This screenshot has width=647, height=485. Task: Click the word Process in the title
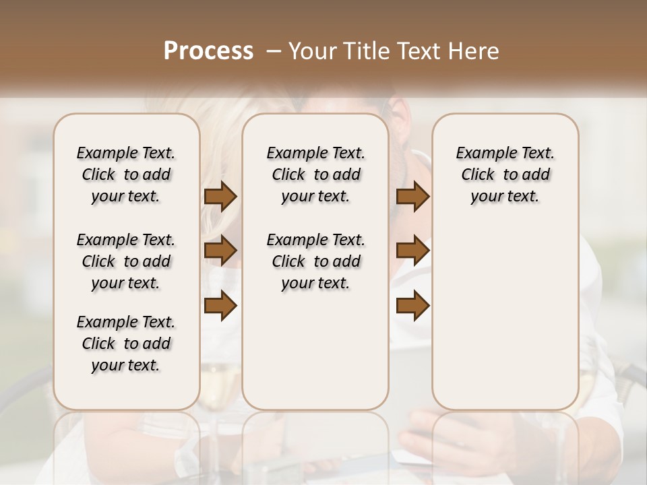click(x=208, y=51)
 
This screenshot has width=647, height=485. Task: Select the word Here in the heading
click(x=474, y=51)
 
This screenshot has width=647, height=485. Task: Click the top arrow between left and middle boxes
click(x=220, y=197)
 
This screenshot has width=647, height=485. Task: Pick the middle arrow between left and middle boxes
click(x=220, y=251)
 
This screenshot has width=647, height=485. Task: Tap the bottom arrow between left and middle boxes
click(x=220, y=306)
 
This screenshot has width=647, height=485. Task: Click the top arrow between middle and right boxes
click(x=412, y=197)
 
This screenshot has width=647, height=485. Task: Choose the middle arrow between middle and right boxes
click(x=412, y=251)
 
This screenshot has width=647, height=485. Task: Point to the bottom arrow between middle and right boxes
click(x=412, y=306)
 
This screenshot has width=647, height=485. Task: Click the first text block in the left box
click(x=126, y=174)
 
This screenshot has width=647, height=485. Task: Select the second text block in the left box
click(x=126, y=261)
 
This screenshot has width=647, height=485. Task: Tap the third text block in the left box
click(x=126, y=344)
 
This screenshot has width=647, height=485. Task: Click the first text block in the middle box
click(x=315, y=174)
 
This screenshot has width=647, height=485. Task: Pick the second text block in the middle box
click(x=315, y=261)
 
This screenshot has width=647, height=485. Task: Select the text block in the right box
click(x=505, y=174)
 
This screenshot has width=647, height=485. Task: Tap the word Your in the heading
click(x=309, y=51)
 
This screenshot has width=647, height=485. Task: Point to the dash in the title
click(x=274, y=51)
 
